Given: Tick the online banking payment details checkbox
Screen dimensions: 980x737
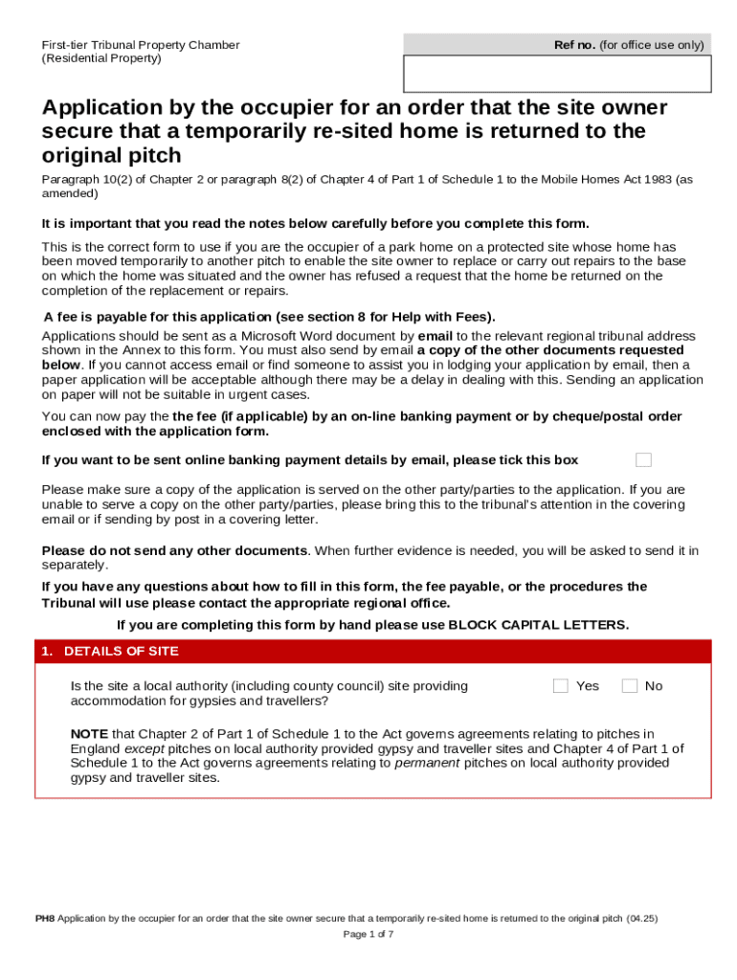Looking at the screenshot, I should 643,459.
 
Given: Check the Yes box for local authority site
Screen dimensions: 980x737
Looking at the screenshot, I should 561,685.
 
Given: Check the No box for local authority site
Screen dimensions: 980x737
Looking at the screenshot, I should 630,685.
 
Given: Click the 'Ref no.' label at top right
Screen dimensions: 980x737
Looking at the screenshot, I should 574,45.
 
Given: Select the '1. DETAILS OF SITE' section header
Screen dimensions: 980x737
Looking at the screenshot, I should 109,652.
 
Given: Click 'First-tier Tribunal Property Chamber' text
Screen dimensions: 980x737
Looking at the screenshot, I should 140,45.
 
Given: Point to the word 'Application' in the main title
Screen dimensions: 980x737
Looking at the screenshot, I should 100,108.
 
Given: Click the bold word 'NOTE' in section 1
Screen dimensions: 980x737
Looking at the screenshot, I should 89,734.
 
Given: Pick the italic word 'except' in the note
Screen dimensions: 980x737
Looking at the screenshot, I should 145,748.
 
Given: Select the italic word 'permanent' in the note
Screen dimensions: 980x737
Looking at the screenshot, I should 427,763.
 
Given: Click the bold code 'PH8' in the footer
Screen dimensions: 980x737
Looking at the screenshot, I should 45,919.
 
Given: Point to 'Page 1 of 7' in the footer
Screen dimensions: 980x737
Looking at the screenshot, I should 368,934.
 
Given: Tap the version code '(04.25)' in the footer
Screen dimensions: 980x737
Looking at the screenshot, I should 642,919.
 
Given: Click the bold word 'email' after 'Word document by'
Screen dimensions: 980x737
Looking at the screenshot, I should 435,336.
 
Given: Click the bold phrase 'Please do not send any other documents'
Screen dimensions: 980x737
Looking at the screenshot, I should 175,550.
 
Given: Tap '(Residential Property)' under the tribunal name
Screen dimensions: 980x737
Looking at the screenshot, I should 101,58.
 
